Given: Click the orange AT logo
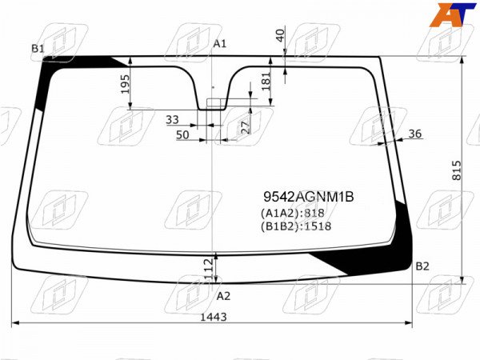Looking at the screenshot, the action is click(x=453, y=14).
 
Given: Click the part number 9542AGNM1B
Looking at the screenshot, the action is click(x=309, y=197).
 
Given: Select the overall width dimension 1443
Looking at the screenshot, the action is click(x=214, y=317).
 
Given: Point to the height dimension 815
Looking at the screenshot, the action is click(x=456, y=170).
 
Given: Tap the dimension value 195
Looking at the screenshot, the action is click(x=125, y=84).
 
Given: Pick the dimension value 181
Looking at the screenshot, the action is click(x=266, y=81).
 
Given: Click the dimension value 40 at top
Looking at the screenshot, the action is click(x=280, y=35).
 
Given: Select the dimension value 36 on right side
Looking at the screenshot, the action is click(x=414, y=134).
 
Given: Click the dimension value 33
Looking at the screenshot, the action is click(x=172, y=119).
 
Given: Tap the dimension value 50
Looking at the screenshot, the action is click(x=182, y=134).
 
